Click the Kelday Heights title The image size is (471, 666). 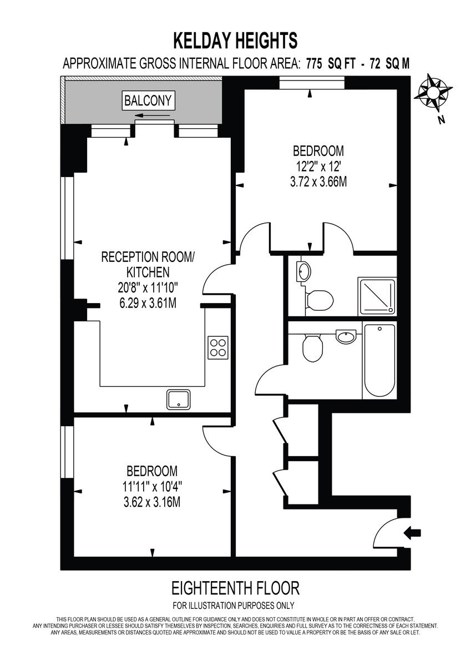[x=235, y=40]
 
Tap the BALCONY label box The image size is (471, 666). [x=149, y=100]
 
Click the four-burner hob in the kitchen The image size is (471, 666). [x=218, y=347]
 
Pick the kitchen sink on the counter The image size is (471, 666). [x=179, y=399]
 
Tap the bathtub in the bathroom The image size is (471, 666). [x=379, y=360]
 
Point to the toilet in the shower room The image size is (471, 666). [x=320, y=300]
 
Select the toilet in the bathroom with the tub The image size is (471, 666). [x=313, y=348]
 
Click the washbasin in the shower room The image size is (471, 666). [x=304, y=270]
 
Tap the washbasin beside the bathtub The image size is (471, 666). [x=346, y=335]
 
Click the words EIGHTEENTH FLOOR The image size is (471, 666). [x=235, y=587]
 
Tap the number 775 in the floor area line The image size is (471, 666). [x=314, y=63]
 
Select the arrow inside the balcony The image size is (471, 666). [x=153, y=116]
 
